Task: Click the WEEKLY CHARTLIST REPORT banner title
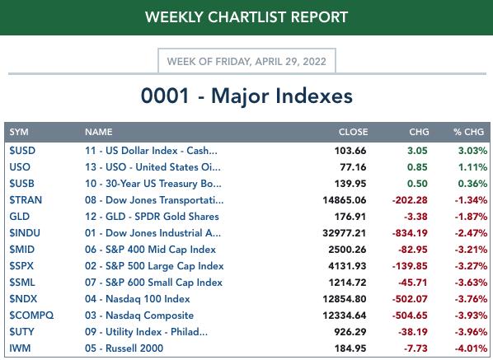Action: coord(246,17)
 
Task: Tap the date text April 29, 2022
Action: coord(290,61)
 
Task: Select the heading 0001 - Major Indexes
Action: coord(246,96)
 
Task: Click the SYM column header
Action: coord(19,132)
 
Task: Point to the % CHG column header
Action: coord(468,132)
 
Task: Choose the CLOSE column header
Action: coord(353,132)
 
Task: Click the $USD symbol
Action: coord(22,151)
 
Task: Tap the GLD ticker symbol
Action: coord(20,217)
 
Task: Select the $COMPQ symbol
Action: coord(31,315)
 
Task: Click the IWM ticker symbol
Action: coord(20,348)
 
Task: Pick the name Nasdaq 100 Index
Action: coord(148,299)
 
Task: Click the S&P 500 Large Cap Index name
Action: coord(164,266)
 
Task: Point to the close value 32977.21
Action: coord(345,233)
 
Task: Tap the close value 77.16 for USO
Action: coord(353,166)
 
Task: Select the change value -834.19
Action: coord(410,233)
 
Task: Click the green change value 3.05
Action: coord(417,151)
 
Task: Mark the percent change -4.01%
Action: coord(471,348)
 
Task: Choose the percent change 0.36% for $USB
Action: coord(473,184)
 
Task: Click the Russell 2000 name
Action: coord(134,348)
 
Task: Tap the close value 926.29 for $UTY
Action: coord(350,332)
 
